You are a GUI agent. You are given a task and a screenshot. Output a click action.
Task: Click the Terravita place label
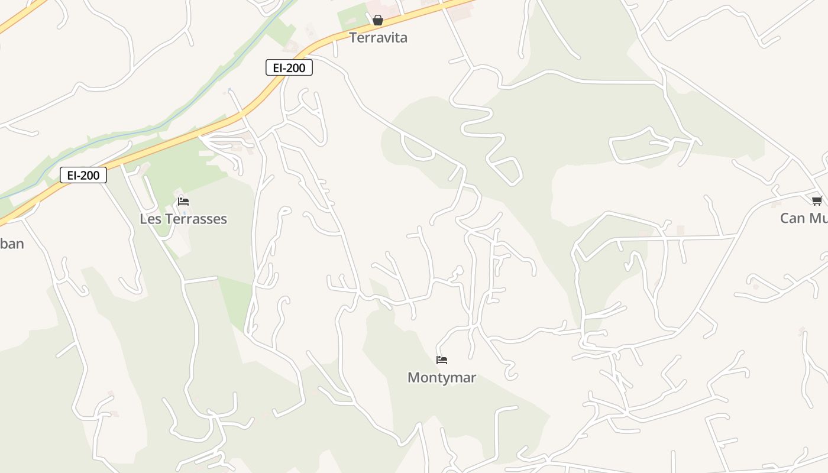click(378, 38)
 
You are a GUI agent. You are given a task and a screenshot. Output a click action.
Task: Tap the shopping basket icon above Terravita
click(378, 21)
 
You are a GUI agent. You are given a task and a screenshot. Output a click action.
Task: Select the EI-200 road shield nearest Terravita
click(289, 68)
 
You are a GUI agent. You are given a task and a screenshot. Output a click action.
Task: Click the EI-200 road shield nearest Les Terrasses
click(83, 175)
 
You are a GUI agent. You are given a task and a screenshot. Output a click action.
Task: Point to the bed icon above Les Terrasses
click(183, 202)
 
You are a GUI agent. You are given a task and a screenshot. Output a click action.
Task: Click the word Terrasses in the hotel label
click(196, 219)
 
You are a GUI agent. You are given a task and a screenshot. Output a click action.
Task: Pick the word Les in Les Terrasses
click(150, 219)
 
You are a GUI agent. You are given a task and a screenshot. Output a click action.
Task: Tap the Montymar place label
click(442, 377)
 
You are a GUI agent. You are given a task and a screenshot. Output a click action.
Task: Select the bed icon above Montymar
click(442, 359)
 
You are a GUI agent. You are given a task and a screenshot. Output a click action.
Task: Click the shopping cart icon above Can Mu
click(817, 200)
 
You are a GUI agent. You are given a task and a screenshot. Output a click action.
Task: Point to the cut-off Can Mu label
click(804, 218)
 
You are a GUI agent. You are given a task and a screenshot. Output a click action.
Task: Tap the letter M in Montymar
click(413, 377)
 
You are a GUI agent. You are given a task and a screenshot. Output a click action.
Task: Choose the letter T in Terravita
click(353, 38)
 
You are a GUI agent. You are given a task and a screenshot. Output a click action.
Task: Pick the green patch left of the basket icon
click(353, 16)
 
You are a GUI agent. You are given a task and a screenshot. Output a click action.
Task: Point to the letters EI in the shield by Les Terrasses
click(72, 175)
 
